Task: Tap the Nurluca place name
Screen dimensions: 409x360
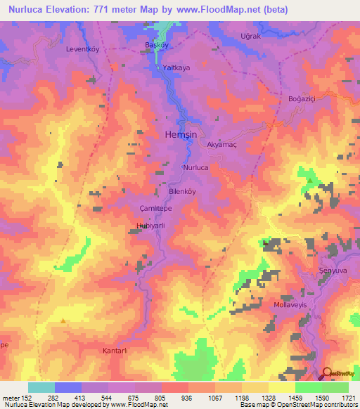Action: pyautogui.click(x=195, y=169)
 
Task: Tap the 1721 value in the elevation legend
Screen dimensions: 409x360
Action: pyautogui.click(x=349, y=398)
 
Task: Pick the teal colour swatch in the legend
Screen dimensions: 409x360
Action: pyautogui.click(x=41, y=387)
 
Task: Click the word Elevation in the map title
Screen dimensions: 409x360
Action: pyautogui.click(x=79, y=10)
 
